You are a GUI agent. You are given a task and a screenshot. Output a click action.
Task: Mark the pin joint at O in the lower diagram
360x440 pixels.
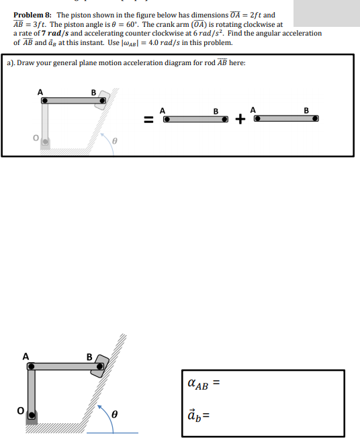pyautogui.click(x=31, y=416)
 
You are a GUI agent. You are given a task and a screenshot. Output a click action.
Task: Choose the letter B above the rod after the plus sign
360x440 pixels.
pyautogui.click(x=306, y=110)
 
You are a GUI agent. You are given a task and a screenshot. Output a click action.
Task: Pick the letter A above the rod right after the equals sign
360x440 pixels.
pyautogui.click(x=162, y=110)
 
